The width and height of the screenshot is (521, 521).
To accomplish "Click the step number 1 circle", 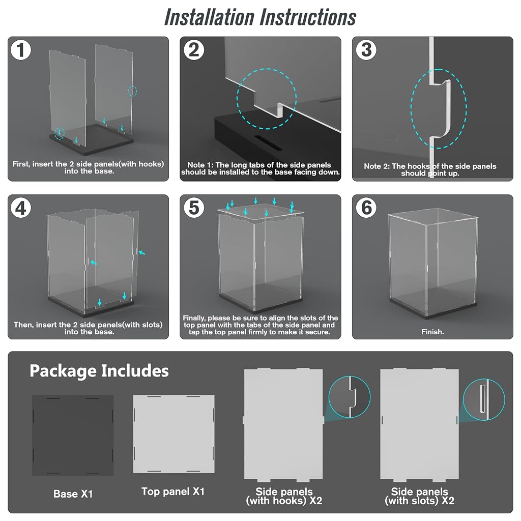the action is pos(20,50).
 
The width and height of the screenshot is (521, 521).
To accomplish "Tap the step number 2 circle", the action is pos(194,50).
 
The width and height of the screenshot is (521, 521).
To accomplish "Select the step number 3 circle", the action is pos(366,50).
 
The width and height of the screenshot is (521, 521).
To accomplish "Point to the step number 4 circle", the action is pos(20,208).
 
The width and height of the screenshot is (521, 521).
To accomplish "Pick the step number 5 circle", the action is pos(194,208).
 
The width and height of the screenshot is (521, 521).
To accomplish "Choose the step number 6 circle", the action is pos(366,208).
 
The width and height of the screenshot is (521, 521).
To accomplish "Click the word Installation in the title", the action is pos(209,17).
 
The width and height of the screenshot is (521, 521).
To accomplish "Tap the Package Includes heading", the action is pos(99,371).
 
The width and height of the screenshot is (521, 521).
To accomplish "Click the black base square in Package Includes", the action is pos(73,436).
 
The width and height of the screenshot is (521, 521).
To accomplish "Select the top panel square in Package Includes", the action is pos(174,434).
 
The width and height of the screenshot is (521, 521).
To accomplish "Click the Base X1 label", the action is pos(73,494).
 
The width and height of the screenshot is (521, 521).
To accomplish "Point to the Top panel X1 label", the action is pos(173,492).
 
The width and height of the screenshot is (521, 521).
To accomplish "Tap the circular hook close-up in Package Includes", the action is pos(350,397).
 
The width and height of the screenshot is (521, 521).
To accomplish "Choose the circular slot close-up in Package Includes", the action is pos(484,399).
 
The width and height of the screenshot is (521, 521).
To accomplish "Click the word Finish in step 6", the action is pos(432,332).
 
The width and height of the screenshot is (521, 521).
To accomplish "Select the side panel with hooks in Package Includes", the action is pos(283,424).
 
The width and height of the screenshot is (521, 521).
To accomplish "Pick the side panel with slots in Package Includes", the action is pos(420,424).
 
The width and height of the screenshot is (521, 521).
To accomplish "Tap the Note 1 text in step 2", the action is pos(260,168).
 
